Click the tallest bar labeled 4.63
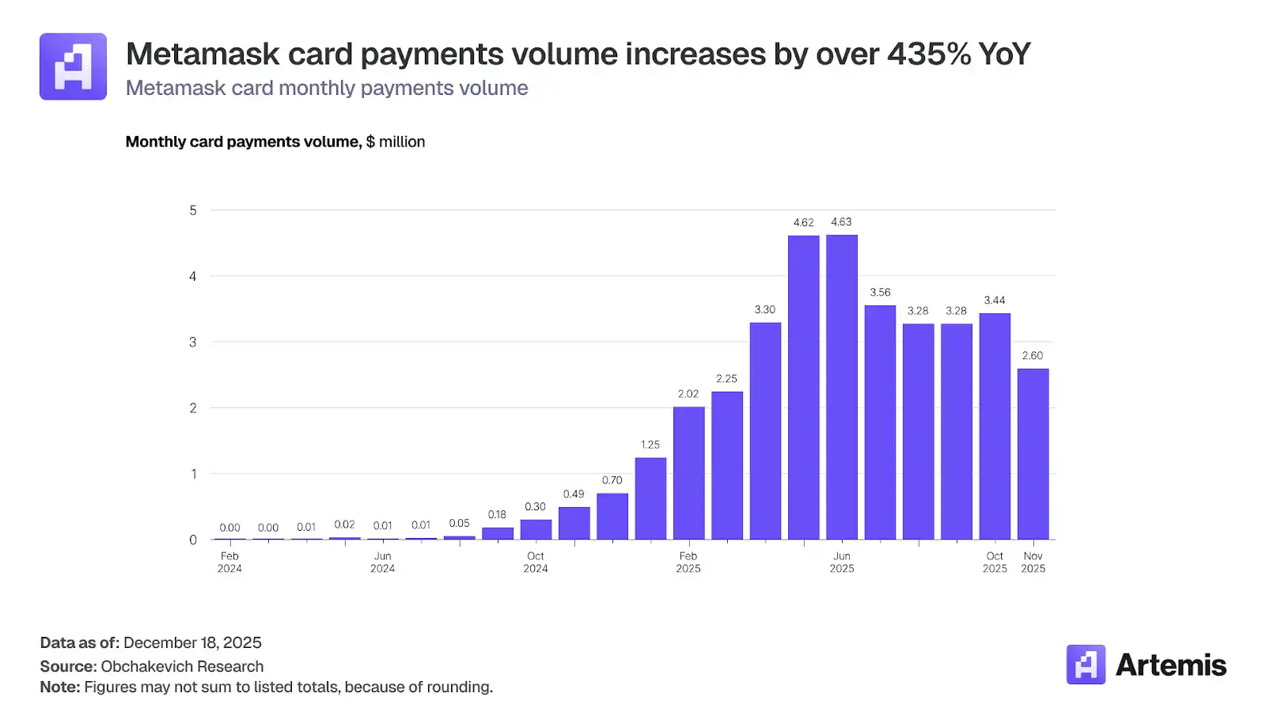841,388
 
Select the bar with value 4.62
803,388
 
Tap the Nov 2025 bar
1033,454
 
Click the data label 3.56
880,292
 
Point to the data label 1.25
650,445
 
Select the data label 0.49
574,494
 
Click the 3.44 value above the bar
995,300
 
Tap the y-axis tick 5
193,210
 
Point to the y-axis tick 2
193,408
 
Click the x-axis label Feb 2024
229,562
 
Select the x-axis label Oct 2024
536,562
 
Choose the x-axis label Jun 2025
842,562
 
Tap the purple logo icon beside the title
73,66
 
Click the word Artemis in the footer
1170,665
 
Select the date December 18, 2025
192,642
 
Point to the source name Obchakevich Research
182,666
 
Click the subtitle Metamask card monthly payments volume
327,88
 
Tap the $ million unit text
396,142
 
